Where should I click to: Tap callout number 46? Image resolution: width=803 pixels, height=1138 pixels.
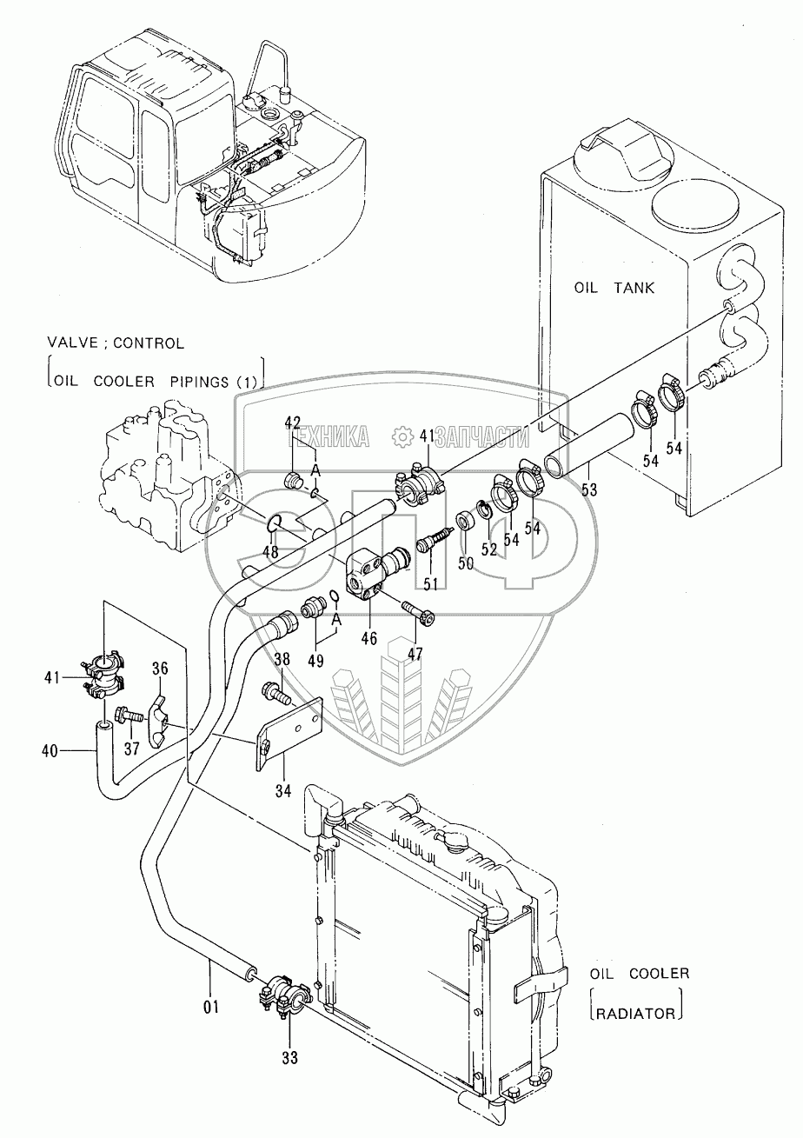point(369,638)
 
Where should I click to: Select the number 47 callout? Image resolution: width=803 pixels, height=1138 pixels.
point(415,654)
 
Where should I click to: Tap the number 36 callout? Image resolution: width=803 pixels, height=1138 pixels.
point(161,669)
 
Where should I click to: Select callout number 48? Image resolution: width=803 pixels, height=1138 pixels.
point(271,552)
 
